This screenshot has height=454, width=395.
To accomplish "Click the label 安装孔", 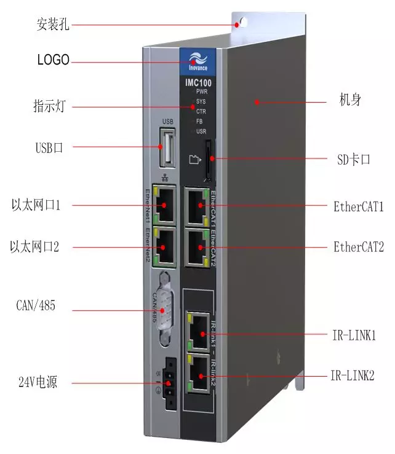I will [x=54, y=25].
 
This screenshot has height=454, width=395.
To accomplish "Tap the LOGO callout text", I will [x=54, y=60].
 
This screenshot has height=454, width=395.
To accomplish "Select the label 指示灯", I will [x=49, y=106].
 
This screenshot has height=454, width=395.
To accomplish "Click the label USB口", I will [x=49, y=147].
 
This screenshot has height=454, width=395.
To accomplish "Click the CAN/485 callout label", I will [x=36, y=305].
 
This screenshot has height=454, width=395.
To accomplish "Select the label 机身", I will [x=350, y=100].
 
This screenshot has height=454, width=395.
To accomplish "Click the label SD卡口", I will [x=353, y=160].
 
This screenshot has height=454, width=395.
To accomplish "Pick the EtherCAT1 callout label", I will [x=359, y=206].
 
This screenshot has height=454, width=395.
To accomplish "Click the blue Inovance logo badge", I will [x=194, y=61].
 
